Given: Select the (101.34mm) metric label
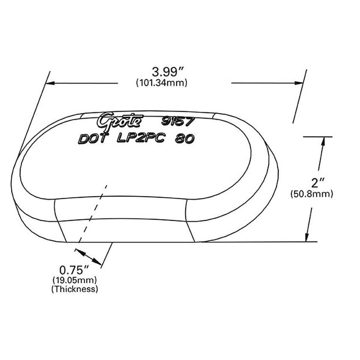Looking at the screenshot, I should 161,83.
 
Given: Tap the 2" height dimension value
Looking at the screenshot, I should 318,183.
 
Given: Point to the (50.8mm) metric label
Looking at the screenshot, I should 311,194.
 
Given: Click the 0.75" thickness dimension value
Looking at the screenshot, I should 74,269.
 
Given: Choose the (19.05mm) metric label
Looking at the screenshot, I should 75,280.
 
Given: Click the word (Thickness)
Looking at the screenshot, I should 75,289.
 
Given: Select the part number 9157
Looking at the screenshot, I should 177,121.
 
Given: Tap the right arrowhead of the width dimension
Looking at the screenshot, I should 299,83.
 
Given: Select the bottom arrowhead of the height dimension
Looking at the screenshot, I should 309,237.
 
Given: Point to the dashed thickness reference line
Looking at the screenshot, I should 93,212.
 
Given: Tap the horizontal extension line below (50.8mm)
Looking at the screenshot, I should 296,241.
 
